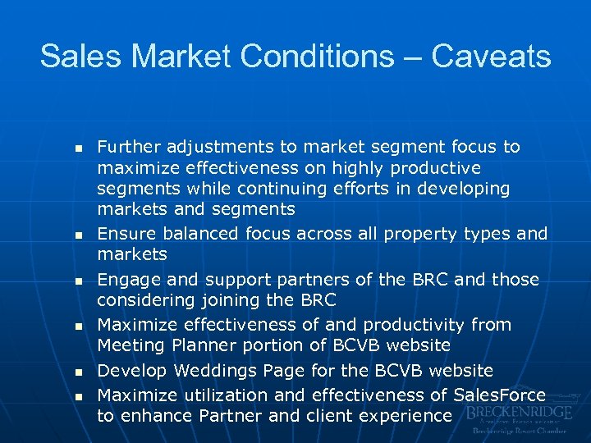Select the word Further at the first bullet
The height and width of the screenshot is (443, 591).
(129, 147)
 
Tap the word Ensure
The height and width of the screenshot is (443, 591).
(125, 234)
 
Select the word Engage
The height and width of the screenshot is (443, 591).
(127, 280)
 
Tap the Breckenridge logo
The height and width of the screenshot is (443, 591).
(516, 419)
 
